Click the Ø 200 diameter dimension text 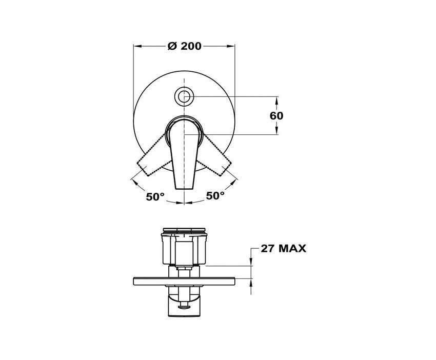184,46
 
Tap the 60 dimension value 276,116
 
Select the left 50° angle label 155,196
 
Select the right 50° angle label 215,195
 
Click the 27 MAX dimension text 283,248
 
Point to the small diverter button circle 184,97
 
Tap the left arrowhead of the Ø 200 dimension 137,46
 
